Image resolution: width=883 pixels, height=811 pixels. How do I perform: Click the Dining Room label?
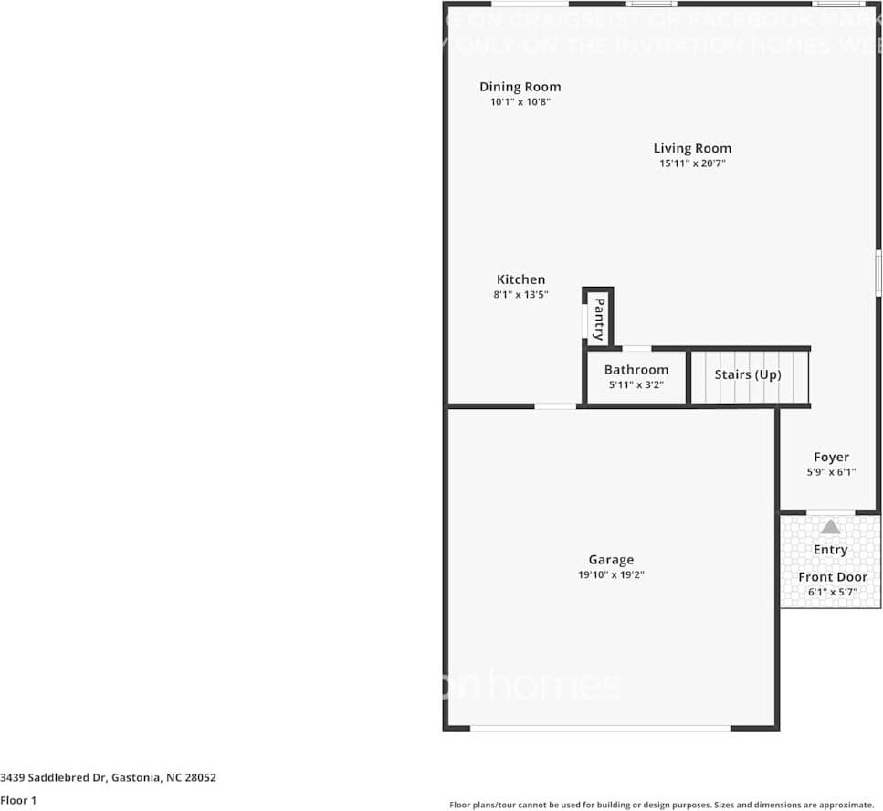coord(520,87)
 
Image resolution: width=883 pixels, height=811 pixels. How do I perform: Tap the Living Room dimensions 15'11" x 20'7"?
coord(692,163)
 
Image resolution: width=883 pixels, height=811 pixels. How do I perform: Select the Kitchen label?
coord(520,279)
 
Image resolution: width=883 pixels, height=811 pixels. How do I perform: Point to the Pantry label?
coord(599,319)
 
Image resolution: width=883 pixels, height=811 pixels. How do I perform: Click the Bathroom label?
coord(636,370)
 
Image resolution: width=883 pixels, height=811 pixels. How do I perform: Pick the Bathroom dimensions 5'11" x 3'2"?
coord(636,384)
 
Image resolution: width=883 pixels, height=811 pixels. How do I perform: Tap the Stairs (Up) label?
coord(748,374)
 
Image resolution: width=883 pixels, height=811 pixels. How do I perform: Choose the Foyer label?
coord(831,457)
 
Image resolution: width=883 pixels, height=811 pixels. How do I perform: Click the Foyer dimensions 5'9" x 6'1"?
coord(831,472)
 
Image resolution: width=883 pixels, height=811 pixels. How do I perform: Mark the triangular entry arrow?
coord(830,526)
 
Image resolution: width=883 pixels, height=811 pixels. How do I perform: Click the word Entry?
coord(830,550)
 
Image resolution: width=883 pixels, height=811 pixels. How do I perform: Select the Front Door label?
coord(833,577)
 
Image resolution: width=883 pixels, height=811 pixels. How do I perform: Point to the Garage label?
coord(611,560)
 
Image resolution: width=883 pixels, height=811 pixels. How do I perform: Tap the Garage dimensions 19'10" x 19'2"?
coord(611,575)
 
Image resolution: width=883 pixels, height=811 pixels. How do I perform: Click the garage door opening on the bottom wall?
coord(600,728)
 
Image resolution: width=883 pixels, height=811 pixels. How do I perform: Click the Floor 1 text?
coord(18,801)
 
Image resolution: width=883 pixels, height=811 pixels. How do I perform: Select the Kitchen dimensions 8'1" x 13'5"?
coord(520,295)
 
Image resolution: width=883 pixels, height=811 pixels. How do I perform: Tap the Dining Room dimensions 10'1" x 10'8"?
coord(520,102)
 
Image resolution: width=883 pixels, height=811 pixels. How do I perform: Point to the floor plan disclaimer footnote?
coord(662,805)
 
